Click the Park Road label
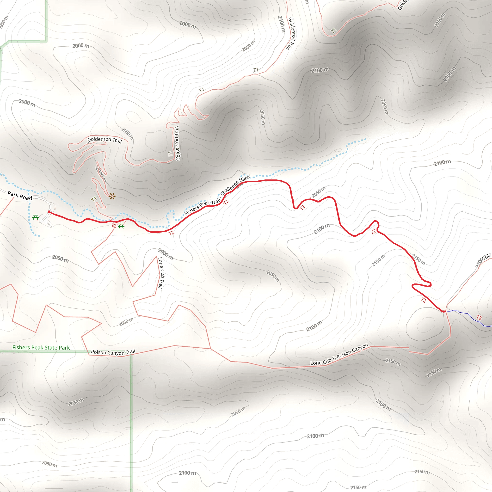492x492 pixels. click(20, 196)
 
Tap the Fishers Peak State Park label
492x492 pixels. click(41, 348)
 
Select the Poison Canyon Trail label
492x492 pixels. click(113, 352)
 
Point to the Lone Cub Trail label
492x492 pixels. click(161, 273)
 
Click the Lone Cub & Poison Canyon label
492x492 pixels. click(339, 354)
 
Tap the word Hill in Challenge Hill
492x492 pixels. click(243, 179)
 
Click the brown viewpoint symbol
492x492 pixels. click(112, 196)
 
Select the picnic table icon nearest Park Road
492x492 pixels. click(36, 217)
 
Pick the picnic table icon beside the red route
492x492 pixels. click(121, 226)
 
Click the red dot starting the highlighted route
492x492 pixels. click(49, 212)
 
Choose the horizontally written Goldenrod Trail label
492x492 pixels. click(105, 140)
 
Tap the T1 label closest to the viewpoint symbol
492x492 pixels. click(94, 199)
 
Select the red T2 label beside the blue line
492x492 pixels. click(479, 318)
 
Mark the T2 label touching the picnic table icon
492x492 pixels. click(114, 226)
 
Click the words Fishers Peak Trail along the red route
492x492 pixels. click(202, 207)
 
